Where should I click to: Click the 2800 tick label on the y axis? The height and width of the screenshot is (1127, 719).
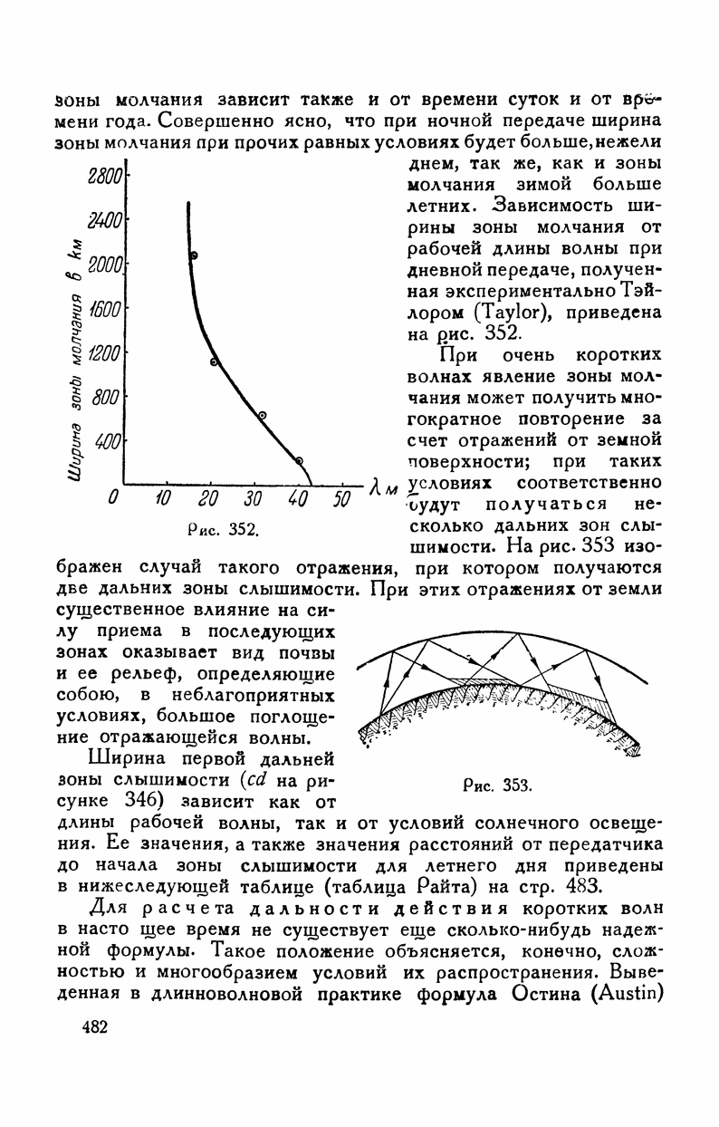point(106,178)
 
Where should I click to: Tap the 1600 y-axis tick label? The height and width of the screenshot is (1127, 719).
point(107,310)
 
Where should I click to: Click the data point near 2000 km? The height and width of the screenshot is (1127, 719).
point(194,255)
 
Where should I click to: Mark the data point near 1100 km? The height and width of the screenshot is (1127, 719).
point(215,362)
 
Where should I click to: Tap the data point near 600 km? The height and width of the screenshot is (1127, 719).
point(263,416)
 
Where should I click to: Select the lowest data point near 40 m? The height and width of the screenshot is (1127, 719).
point(300,461)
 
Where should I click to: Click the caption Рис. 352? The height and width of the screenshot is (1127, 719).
point(233,529)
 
